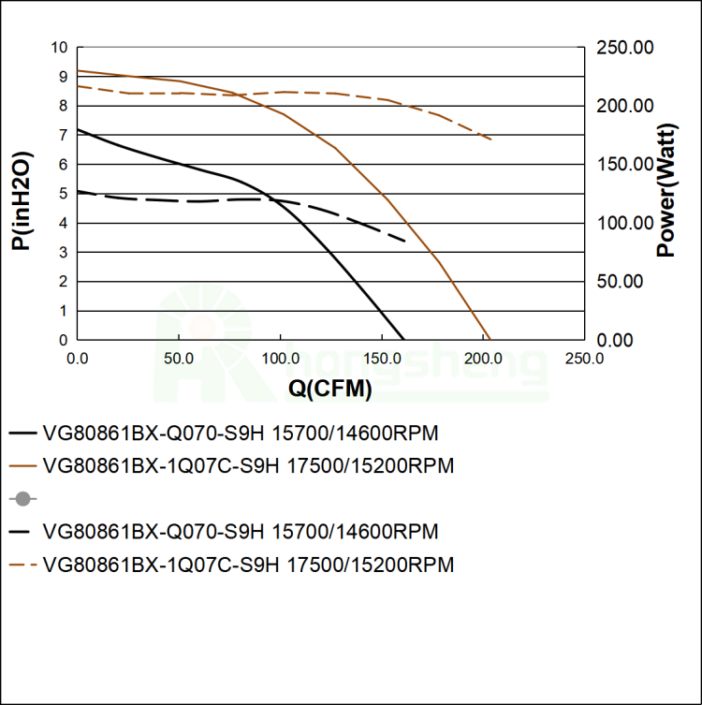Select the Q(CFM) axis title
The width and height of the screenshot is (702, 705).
(329, 389)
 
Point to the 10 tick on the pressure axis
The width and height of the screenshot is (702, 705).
(61, 47)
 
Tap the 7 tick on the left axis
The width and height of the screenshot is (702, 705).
(64, 135)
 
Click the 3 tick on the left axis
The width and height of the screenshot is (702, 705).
(64, 252)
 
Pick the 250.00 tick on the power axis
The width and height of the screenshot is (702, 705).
(625, 47)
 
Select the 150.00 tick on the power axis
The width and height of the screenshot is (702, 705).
(625, 164)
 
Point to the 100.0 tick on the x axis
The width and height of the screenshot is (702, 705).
(281, 358)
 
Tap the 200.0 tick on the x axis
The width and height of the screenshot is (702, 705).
(483, 358)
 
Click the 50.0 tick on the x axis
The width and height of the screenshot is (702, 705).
(179, 358)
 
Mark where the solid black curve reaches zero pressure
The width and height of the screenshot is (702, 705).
(403, 339)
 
